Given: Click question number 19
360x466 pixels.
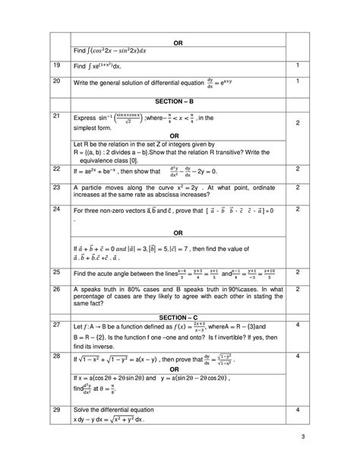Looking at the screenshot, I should coord(56,66).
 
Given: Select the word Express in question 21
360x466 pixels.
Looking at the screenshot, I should coord(87,119).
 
